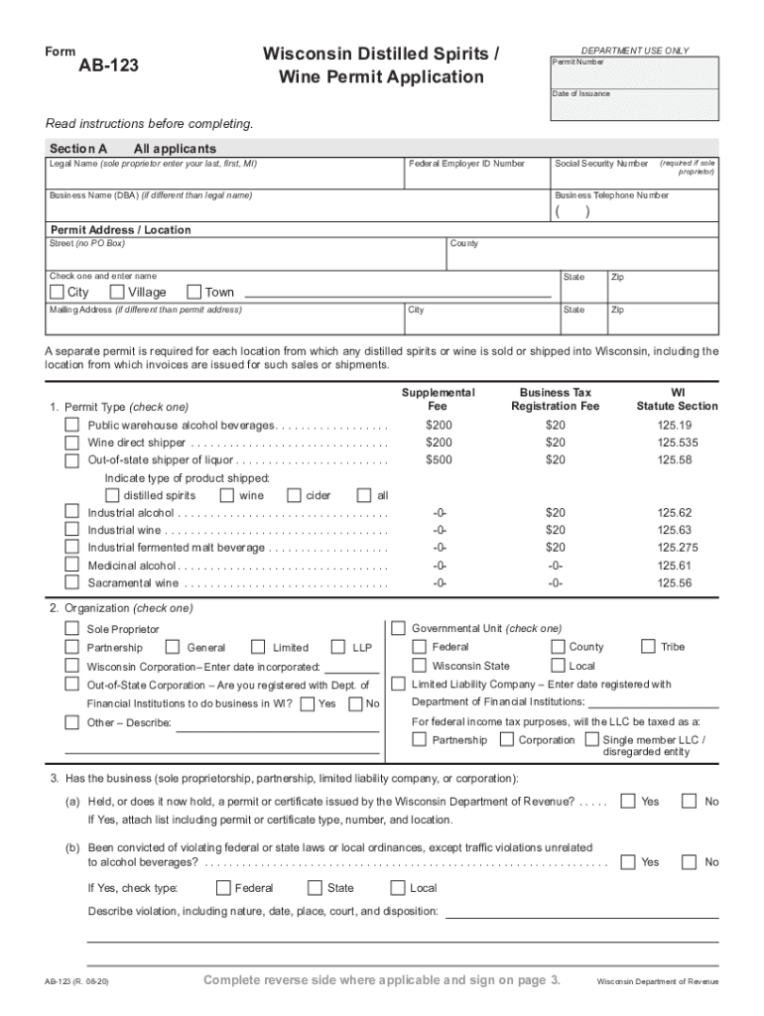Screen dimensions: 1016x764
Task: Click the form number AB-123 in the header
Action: click(109, 66)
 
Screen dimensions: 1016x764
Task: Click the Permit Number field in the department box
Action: click(634, 71)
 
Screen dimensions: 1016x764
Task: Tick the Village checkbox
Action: click(117, 292)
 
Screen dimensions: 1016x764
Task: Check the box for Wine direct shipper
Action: click(72, 443)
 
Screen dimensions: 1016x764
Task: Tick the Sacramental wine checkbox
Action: click(72, 582)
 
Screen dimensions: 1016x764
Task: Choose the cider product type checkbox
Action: click(294, 495)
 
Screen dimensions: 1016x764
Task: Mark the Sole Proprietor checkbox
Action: click(72, 628)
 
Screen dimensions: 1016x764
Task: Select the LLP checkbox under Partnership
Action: click(338, 647)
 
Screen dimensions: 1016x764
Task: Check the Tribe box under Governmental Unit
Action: click(649, 646)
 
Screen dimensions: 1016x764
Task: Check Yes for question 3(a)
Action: click(627, 801)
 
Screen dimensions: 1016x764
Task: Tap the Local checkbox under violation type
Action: click(398, 888)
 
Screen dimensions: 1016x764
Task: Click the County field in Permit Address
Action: click(582, 255)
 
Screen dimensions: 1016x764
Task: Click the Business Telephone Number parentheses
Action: click(573, 211)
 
